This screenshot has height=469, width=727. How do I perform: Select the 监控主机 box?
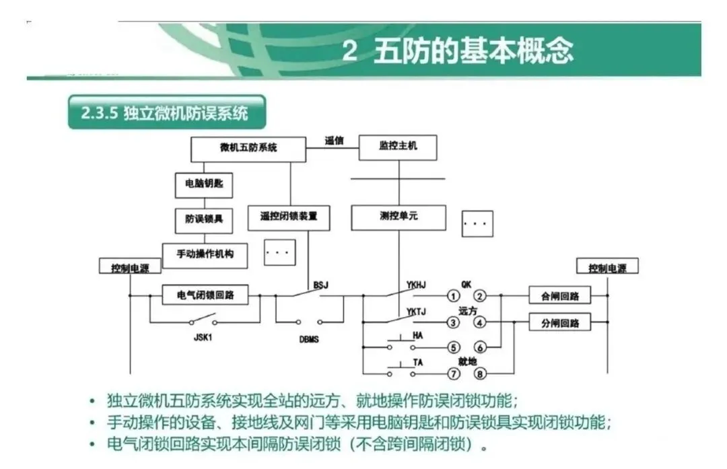(x=398, y=147)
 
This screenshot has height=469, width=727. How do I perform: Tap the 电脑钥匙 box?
(x=203, y=184)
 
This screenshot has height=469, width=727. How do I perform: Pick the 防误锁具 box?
(x=203, y=219)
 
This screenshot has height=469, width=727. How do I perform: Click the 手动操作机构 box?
(x=204, y=254)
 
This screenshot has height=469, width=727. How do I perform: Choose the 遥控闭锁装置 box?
(x=289, y=217)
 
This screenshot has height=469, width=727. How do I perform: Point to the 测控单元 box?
(x=398, y=217)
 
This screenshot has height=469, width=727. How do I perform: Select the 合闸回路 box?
(x=559, y=295)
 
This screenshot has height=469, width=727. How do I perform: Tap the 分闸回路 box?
(x=559, y=323)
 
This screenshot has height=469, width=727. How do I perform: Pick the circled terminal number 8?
(x=480, y=373)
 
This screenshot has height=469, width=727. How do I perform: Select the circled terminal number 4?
(x=480, y=323)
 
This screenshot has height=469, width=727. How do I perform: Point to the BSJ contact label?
(x=321, y=285)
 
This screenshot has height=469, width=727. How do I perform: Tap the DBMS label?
(x=309, y=339)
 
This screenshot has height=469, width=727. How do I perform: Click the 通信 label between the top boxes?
(x=334, y=141)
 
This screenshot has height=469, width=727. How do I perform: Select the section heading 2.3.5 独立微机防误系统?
(x=166, y=112)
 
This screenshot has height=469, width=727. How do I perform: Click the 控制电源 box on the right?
(x=607, y=268)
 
